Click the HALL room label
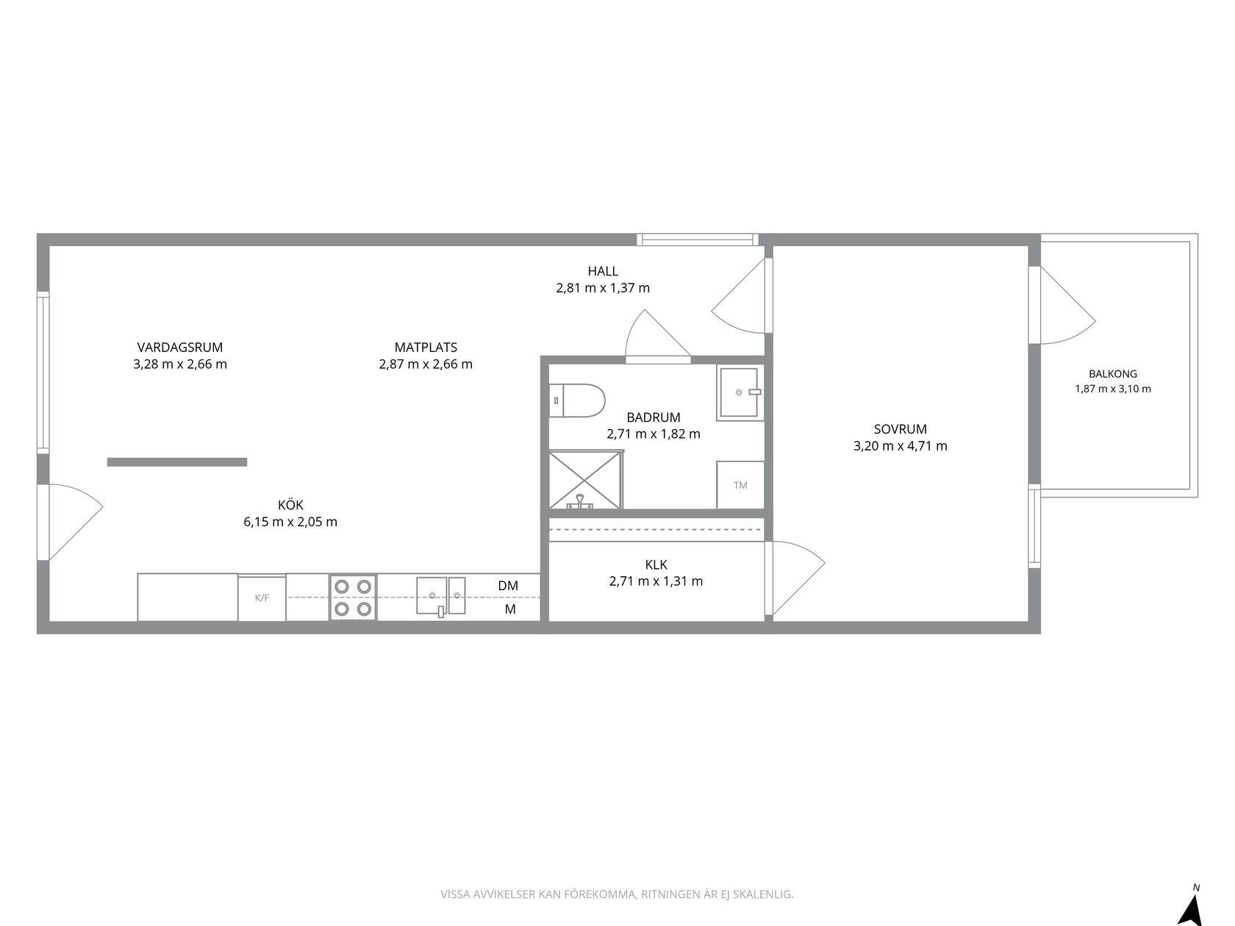pos(603,271)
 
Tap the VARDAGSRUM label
pos(180,348)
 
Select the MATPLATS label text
pos(426,348)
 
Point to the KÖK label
pos(290,505)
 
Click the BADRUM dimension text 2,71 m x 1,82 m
pos(654,434)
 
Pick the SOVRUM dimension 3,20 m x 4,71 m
pos(901,446)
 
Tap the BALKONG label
pos(1113,374)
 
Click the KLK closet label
pos(656,564)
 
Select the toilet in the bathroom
pos(577,401)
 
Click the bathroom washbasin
pos(740,392)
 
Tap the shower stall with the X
pos(586,480)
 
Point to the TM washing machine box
pos(740,485)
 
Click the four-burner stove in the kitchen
pos(353,597)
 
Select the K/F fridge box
pos(262,597)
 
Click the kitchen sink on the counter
pos(440,596)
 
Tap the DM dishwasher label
pos(508,586)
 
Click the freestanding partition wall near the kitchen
pos(177,462)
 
